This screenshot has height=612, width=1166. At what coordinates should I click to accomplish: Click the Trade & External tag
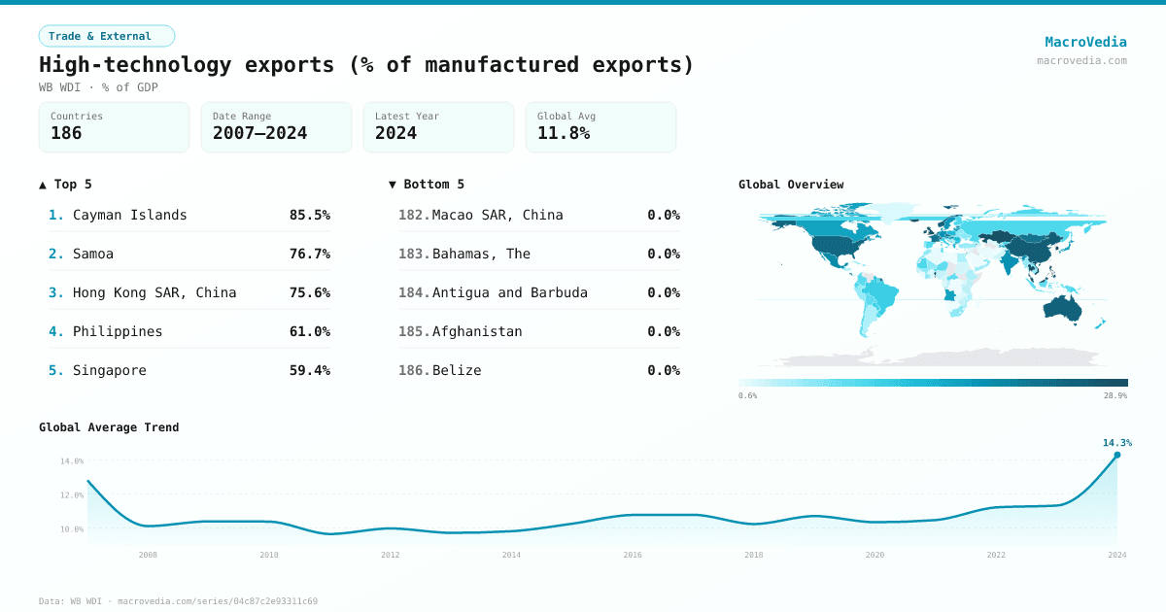tap(106, 36)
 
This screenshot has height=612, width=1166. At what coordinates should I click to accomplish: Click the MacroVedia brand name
tap(1085, 42)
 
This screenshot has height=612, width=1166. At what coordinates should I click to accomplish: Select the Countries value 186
tap(66, 134)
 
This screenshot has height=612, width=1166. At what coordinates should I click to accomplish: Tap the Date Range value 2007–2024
tap(259, 134)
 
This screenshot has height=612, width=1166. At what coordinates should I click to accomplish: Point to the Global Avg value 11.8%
tap(564, 134)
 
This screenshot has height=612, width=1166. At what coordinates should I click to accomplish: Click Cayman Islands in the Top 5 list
tap(129, 215)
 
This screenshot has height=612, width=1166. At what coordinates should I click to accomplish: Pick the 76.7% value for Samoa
tap(309, 254)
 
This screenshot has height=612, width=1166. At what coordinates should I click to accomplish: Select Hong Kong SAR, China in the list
tap(154, 292)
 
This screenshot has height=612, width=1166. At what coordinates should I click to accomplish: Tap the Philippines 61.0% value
tap(309, 331)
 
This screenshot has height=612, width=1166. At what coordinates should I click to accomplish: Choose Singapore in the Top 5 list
tap(109, 370)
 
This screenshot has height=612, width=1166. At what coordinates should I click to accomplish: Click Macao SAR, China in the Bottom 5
tap(497, 215)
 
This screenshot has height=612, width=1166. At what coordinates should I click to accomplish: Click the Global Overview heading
tap(791, 185)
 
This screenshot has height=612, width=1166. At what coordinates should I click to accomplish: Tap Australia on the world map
tap(1066, 308)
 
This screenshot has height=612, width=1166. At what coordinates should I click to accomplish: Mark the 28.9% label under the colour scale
tap(1115, 396)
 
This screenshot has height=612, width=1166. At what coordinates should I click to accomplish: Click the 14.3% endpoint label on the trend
tap(1116, 443)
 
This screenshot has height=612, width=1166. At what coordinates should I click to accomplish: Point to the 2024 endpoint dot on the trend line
tap(1116, 455)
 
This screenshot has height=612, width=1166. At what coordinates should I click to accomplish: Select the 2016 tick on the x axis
tap(633, 555)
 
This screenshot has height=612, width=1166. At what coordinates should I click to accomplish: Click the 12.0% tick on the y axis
tap(73, 495)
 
